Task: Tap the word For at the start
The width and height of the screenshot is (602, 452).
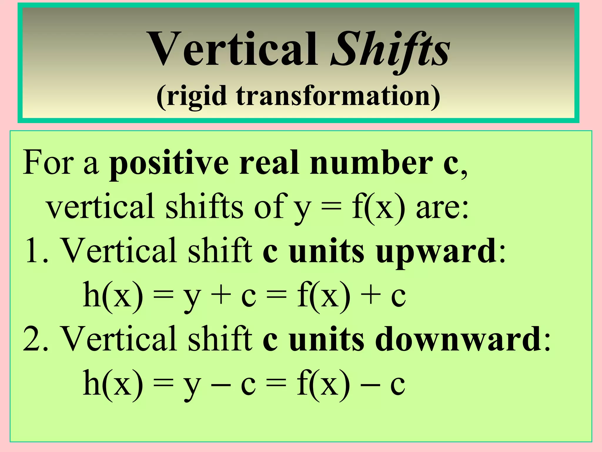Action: click(48, 162)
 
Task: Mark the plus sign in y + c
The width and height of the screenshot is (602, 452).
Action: click(221, 295)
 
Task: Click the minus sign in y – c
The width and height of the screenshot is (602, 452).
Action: click(221, 384)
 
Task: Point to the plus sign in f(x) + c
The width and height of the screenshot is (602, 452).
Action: click(371, 295)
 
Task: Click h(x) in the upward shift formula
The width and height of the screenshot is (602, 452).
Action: click(113, 295)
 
